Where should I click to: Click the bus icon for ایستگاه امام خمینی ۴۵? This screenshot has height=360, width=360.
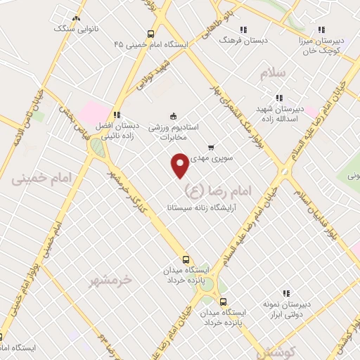tap(150, 34)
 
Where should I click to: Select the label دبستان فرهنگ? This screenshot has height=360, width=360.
tap(243, 41)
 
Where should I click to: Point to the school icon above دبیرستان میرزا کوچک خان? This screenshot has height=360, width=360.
tap(321, 30)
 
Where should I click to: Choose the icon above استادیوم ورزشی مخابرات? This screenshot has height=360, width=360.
tap(173, 116)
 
